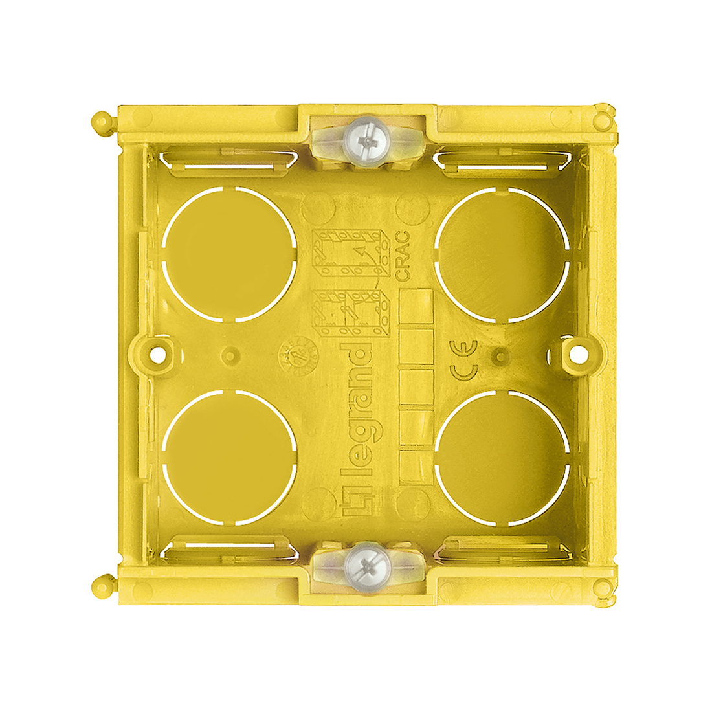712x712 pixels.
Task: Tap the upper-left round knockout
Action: [x=230, y=254]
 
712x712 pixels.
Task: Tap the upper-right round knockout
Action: [x=503, y=254]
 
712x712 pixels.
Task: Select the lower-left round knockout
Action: [x=230, y=456]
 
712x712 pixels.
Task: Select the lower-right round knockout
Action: [x=503, y=456]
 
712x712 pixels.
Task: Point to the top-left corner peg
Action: [x=100, y=121]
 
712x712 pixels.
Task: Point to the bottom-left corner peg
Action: [x=100, y=586]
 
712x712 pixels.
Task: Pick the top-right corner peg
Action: [x=603, y=120]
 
